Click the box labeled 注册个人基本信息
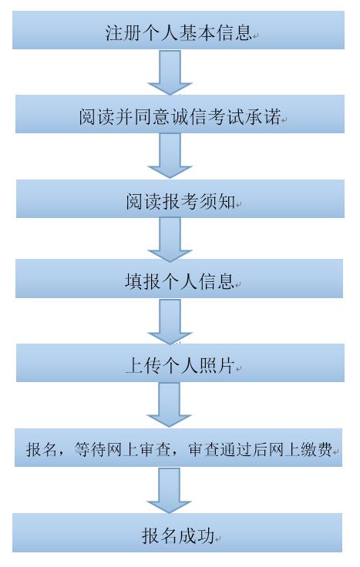click(x=178, y=30)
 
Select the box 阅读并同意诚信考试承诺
click(x=180, y=114)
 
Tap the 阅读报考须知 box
click(x=180, y=199)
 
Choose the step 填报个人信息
click(x=179, y=279)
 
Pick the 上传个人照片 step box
click(x=180, y=363)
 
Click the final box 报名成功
click(x=177, y=532)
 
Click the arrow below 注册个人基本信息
click(x=170, y=72)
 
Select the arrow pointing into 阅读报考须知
click(x=170, y=156)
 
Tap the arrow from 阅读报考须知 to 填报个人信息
click(x=170, y=240)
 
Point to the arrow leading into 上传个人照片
click(x=170, y=321)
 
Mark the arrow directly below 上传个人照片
click(x=170, y=405)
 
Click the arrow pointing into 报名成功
click(x=169, y=490)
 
